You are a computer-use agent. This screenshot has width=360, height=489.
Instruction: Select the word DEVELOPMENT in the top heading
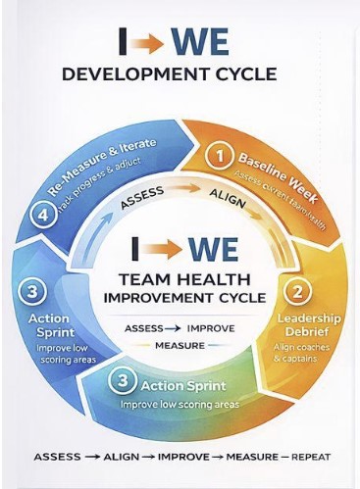(129, 74)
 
